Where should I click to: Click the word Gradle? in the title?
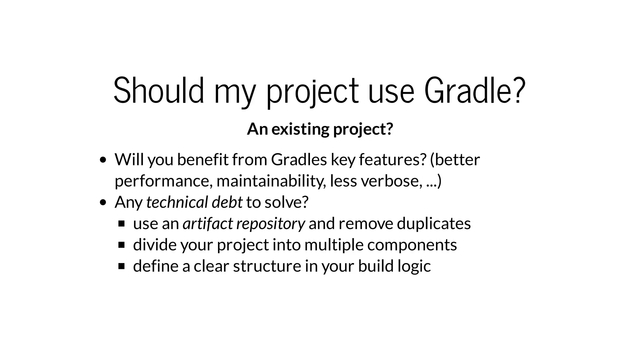point(474,91)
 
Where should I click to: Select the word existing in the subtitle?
point(300,129)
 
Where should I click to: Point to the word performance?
point(163,181)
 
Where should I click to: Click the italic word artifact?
point(207,223)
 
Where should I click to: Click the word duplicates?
point(434,223)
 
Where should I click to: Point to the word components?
point(412,245)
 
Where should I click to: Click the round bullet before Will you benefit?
point(103,160)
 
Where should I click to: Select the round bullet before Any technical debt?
point(103,203)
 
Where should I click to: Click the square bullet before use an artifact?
point(122,224)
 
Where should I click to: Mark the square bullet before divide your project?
point(122,245)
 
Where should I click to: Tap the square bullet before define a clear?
point(122,266)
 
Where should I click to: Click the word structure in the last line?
point(267,266)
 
